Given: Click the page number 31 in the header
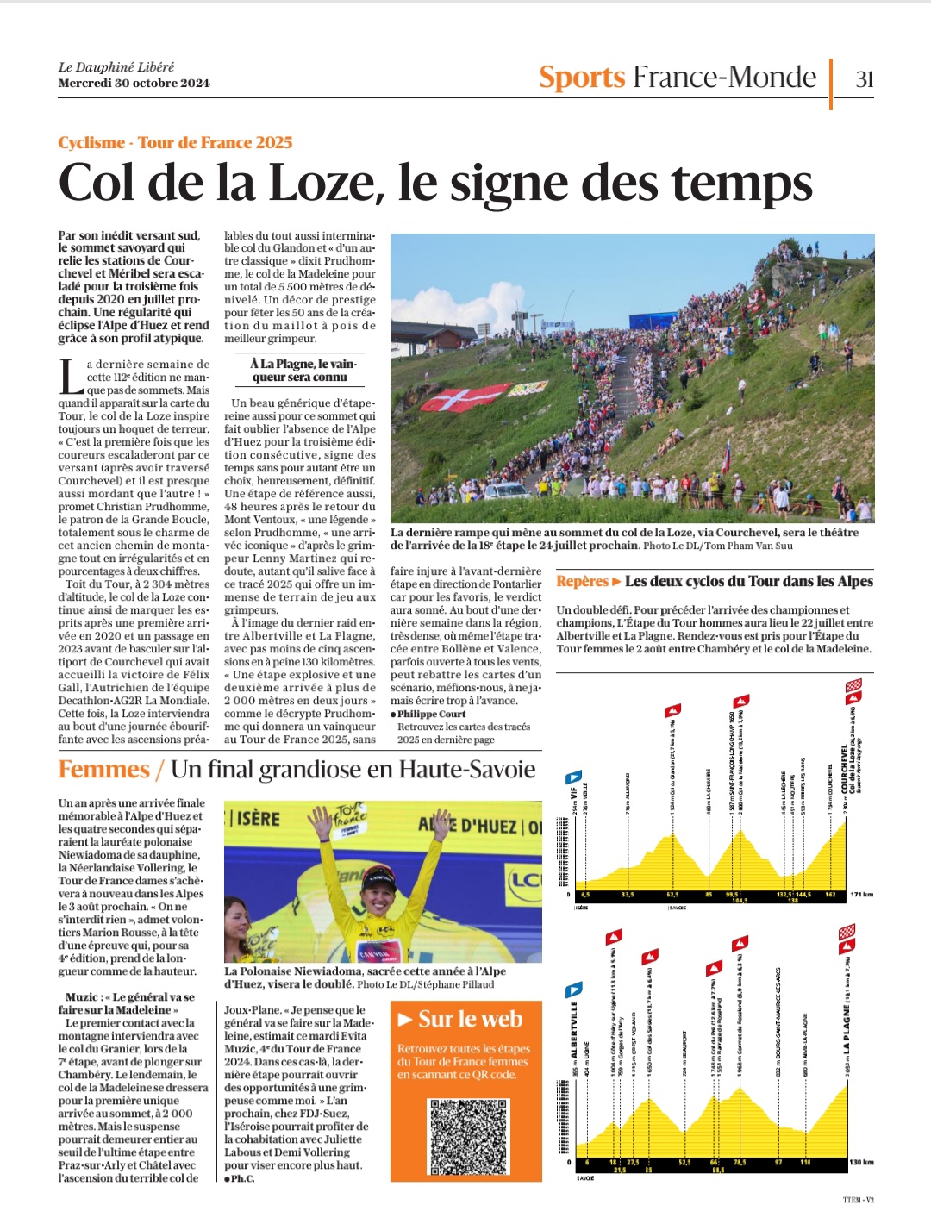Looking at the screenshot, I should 864,79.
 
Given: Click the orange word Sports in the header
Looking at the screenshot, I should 582,78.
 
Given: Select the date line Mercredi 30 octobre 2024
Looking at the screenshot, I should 134,84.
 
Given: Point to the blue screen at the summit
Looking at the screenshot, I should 664,322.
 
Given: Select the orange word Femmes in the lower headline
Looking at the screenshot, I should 103,770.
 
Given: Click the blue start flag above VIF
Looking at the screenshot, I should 573,777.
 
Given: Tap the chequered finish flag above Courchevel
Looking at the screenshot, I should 853,686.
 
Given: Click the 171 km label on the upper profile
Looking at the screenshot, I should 861,895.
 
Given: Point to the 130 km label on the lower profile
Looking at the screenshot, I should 861,1162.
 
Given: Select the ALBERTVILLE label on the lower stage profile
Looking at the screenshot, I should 574,1030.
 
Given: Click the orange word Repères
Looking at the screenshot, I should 583,582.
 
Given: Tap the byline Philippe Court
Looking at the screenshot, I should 431,714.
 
